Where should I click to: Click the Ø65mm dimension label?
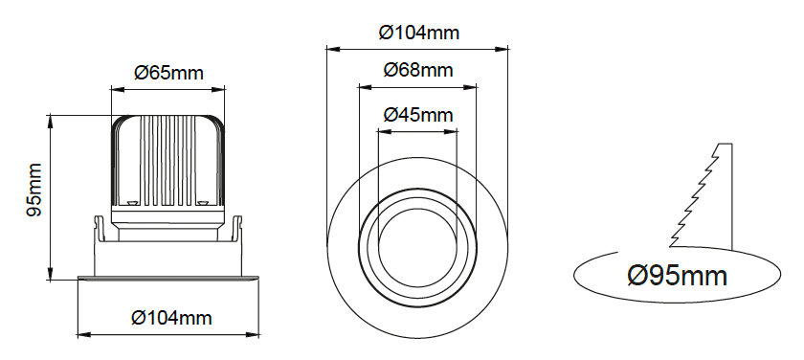pos(168,73)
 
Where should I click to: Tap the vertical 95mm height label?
pos(33,190)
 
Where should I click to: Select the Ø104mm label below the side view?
pos(171,318)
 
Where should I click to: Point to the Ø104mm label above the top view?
pos(419,33)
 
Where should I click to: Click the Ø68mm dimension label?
pos(418,69)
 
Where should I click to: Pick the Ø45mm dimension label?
pos(418,115)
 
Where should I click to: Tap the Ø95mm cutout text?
pos(678,276)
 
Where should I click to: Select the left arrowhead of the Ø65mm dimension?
pos(118,90)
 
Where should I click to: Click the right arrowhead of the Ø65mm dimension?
pos(218,90)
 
